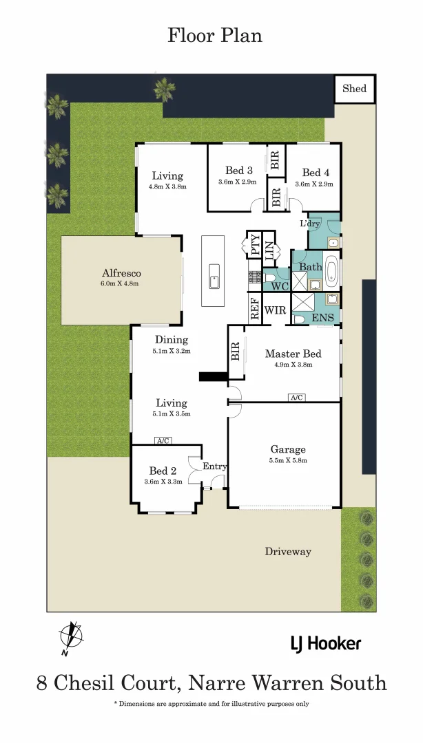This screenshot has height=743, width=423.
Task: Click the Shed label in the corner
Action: coord(355,89)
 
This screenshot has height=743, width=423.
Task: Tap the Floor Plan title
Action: coord(214,35)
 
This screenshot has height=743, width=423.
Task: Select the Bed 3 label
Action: coord(238,171)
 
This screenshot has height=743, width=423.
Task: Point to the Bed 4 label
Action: coord(315,173)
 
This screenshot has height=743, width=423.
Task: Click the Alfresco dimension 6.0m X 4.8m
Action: coord(121,283)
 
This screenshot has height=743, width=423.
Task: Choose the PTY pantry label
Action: coord(255,246)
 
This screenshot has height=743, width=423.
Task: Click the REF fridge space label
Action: coord(254,310)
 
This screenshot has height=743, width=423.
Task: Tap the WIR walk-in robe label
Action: coord(276,310)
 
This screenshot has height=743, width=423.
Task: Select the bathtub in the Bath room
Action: coord(331,271)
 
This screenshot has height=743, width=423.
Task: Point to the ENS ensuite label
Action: coord(323,318)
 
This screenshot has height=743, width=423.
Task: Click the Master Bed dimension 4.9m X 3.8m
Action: coord(293,366)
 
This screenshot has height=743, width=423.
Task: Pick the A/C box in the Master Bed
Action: coord(297,398)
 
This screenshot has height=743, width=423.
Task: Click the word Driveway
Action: coord(288,551)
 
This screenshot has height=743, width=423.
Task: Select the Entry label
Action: coord(215,466)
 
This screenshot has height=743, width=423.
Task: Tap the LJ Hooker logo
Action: coord(324,644)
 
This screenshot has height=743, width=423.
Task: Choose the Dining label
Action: coord(171,339)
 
